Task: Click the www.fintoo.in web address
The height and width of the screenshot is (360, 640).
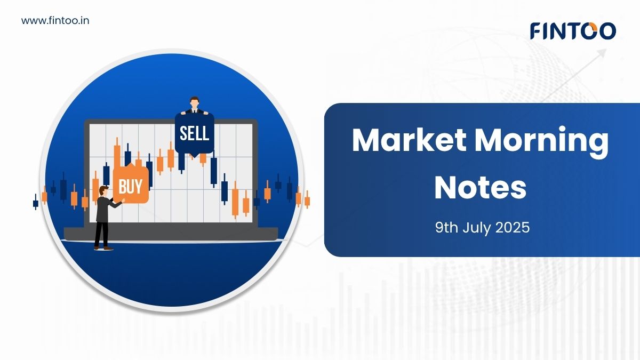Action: tap(55, 21)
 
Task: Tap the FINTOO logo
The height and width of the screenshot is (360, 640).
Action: tap(573, 31)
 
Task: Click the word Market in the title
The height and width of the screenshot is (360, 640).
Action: tap(409, 140)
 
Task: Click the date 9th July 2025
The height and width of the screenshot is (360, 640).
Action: tap(482, 228)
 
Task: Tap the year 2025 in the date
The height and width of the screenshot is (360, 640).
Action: tap(513, 228)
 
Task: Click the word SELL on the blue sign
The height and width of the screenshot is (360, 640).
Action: tap(194, 133)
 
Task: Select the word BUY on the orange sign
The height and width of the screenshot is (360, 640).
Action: tap(130, 187)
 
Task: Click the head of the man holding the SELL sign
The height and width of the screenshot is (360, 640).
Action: tap(194, 102)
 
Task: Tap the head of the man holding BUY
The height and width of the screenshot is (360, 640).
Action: tap(103, 191)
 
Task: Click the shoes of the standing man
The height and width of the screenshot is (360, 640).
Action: tap(103, 249)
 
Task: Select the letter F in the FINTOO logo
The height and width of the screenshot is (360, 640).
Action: tap(537, 31)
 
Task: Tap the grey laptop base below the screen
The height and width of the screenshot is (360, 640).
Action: tap(171, 234)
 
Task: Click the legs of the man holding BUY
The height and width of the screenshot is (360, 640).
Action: tap(102, 234)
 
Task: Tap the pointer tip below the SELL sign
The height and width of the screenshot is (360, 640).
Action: tap(194, 157)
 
